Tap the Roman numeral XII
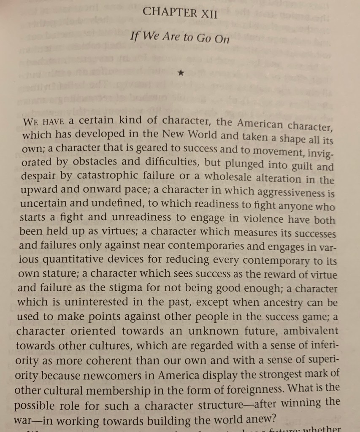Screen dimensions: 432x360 coord(206,13)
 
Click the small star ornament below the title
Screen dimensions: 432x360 coord(181,73)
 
